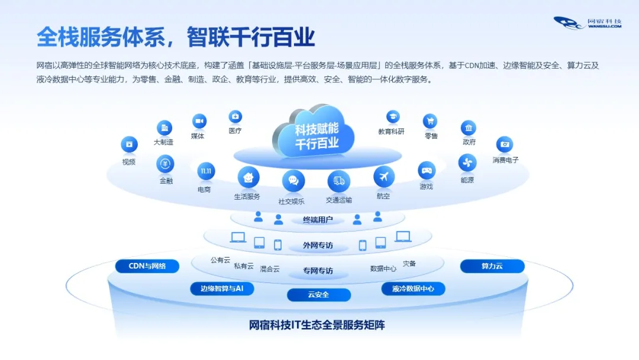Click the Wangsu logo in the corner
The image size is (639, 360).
coord(587,22)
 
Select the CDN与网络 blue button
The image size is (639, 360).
coord(147,266)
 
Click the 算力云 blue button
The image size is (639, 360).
coord(492,266)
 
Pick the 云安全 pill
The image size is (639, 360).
coord(318,294)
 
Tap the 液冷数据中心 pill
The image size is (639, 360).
coord(413,289)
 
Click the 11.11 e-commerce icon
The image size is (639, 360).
coord(206,172)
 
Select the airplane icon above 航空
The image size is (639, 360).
coord(383,176)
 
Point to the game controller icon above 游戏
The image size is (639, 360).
coord(427,171)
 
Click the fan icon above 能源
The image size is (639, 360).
coord(467,163)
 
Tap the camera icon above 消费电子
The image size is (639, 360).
coord(504,144)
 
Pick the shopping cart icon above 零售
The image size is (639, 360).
coord(430,121)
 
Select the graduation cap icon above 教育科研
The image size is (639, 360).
coord(392,117)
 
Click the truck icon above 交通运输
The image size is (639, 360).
coord(338,181)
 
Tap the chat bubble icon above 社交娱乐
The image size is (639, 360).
coord(293,181)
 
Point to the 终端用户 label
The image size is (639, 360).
coord(318,220)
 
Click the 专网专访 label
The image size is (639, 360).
coord(318,271)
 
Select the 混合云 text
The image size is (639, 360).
coord(270,269)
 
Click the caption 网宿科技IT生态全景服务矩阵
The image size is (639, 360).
coord(317,325)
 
